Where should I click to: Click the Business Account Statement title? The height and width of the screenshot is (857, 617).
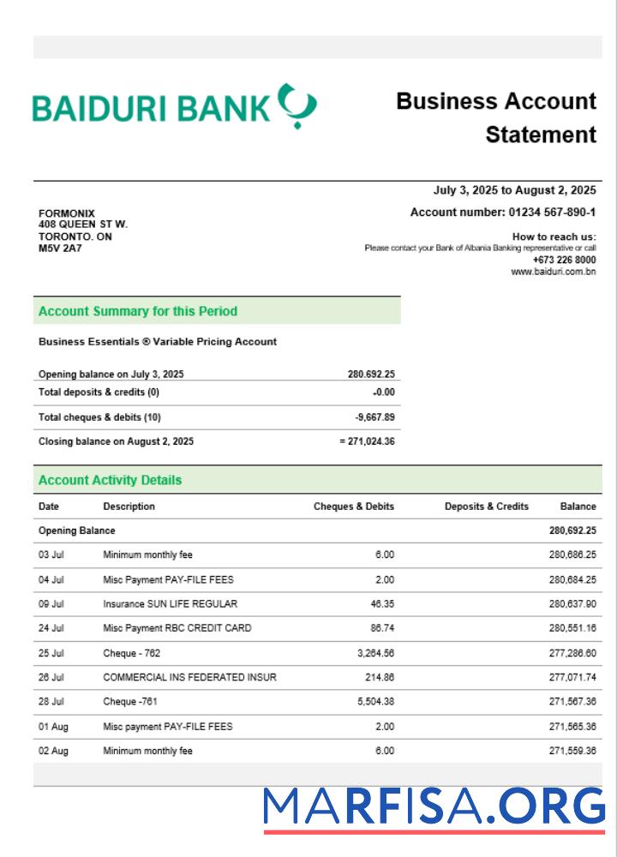496,117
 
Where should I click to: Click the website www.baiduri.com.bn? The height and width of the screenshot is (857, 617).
553,272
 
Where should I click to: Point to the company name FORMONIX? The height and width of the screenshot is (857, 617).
67,213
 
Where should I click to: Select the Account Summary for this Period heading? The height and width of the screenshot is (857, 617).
138,311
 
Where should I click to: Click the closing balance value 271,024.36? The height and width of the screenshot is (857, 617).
369,441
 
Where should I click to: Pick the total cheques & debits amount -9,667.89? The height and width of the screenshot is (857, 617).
374,417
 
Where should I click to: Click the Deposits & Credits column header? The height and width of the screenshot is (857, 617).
486,506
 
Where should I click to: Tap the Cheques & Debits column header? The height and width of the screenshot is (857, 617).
353,506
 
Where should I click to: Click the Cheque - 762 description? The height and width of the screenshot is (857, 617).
131,653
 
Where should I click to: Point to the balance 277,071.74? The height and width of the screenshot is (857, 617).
572,677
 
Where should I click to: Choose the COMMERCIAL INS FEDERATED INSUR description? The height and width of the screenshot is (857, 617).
189,677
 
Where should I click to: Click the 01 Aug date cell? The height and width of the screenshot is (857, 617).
53,727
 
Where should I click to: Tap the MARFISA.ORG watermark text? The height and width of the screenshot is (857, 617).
434,807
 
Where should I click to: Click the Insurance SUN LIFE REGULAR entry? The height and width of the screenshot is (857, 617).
170,604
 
